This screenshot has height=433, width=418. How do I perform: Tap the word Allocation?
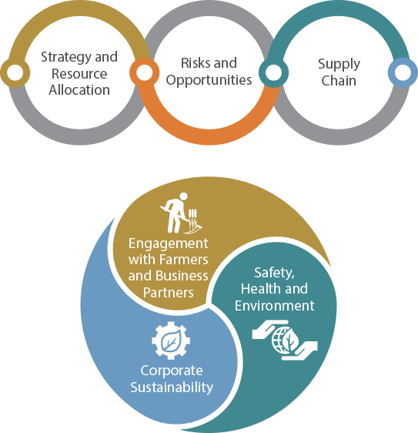(x=79, y=90)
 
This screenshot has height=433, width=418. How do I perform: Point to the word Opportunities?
(x=209, y=81)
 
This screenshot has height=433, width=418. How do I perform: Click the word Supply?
(x=339, y=65)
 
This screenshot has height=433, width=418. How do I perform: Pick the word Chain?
(x=339, y=81)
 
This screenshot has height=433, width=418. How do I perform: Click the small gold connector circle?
(x=15, y=72)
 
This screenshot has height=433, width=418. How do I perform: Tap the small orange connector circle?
(x=144, y=72)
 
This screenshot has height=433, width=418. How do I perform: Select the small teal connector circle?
(x=274, y=72)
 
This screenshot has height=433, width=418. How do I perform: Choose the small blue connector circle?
(x=403, y=72)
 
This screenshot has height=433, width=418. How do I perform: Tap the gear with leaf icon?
(x=171, y=341)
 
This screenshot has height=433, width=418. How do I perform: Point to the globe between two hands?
(x=285, y=340)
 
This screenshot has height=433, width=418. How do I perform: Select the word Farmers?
(x=183, y=260)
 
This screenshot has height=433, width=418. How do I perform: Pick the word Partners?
(x=169, y=293)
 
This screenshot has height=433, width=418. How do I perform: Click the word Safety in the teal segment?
(x=274, y=274)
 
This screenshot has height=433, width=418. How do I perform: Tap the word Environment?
(x=275, y=306)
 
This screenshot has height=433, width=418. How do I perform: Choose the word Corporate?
(x=172, y=371)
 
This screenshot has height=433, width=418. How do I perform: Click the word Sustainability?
(x=172, y=388)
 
